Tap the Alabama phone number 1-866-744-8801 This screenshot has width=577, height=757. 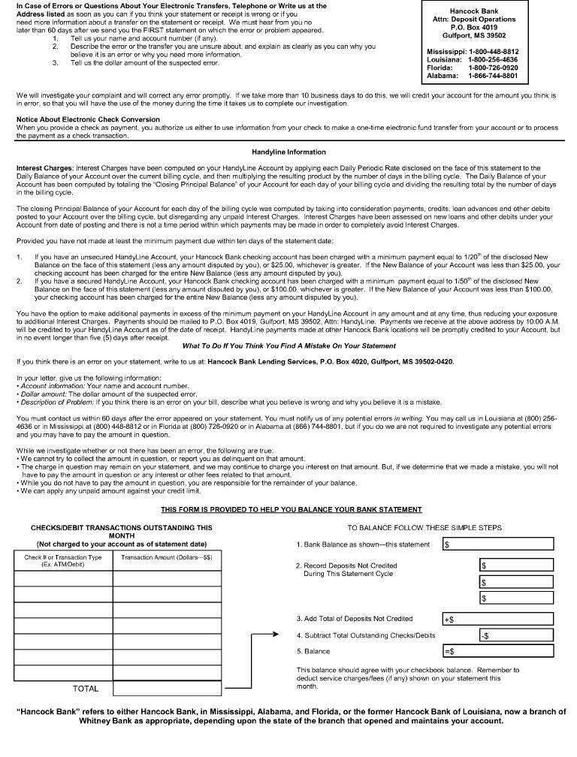[x=493, y=76]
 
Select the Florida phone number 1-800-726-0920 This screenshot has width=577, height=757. [x=493, y=68]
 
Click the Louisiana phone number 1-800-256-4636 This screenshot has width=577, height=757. [x=493, y=59]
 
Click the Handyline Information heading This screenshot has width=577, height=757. [x=288, y=152]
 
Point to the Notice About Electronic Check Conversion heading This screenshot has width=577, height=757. [x=88, y=120]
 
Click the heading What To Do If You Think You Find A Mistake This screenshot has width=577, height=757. [x=288, y=345]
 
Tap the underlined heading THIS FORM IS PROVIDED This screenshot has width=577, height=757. [x=292, y=510]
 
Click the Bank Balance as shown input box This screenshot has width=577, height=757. [x=497, y=544]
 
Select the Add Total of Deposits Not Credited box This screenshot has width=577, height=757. [x=497, y=619]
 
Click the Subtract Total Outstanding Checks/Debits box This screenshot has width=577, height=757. [x=515, y=635]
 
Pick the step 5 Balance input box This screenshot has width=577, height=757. [x=497, y=651]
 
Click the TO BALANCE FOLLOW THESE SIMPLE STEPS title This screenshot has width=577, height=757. [x=424, y=528]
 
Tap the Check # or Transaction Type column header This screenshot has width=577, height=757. [x=62, y=561]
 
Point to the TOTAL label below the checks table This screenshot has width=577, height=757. [x=86, y=688]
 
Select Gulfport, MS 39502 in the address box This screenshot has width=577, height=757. [x=473, y=35]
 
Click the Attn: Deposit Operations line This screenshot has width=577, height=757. [x=473, y=20]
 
